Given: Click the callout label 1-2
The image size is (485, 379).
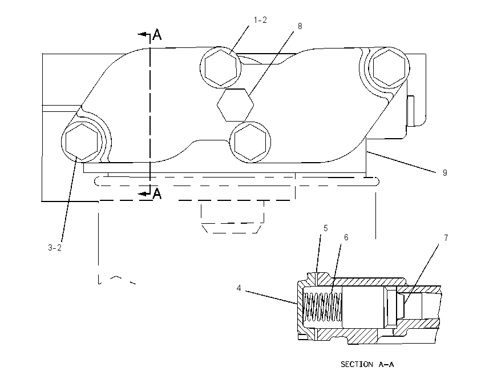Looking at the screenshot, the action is pos(260,20).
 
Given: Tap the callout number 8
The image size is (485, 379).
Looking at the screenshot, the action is pos(300,26).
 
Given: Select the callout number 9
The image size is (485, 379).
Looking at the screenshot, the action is pos(445,173).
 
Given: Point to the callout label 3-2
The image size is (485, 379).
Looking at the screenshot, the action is pos(55,248).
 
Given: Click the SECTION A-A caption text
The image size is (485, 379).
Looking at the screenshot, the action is pos(367,365).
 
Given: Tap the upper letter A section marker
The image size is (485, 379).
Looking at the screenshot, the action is pos(157,35).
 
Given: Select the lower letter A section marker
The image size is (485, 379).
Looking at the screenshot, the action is pos(157,193).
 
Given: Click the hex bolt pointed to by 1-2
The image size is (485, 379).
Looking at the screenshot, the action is pos(220,67).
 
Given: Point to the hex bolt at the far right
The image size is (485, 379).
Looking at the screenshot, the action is pos(389,67).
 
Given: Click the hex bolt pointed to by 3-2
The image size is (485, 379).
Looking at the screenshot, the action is pos(82,142).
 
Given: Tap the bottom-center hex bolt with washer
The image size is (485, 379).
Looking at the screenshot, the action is pos(250,142).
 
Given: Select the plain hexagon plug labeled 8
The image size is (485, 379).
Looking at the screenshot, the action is pos(236,105).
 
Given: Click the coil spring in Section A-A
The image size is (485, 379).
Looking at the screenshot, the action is pos(322,307).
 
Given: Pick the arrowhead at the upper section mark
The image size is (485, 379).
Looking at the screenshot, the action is pos(142,34).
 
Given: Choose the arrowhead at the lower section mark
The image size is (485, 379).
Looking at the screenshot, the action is pos(142,193).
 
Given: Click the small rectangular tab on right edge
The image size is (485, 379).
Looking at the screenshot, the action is pos(411,111).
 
